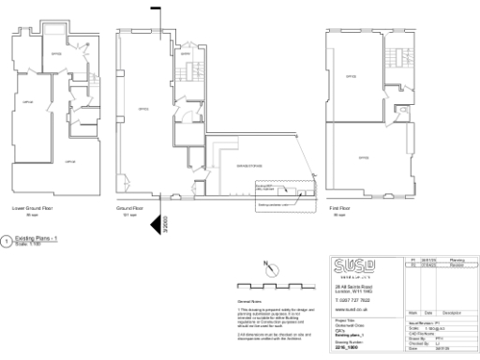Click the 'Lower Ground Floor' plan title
tap(33, 208)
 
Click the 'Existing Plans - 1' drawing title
tap(37, 241)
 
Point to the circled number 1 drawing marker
tap(7, 243)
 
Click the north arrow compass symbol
tap(269, 266)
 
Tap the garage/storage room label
tap(225, 165)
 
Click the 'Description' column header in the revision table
tap(454, 312)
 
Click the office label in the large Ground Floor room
tap(143, 108)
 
